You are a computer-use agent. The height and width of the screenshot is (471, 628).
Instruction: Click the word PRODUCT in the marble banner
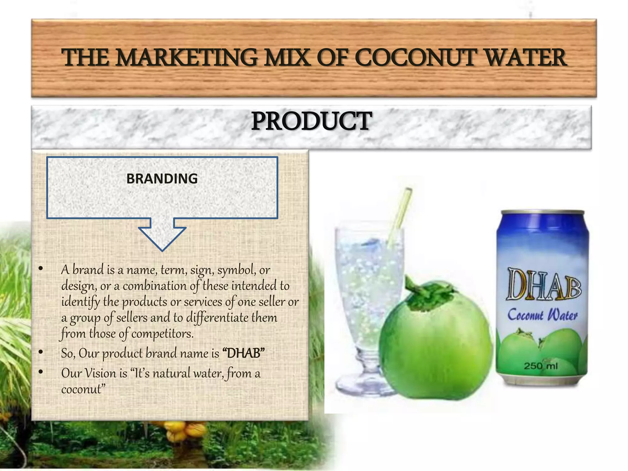(311, 121)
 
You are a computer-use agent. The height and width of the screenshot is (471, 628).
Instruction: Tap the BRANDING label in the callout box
(162, 179)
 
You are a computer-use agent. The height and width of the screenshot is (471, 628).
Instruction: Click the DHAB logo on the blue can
(543, 284)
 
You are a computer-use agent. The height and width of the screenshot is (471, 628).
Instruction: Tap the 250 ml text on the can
(541, 366)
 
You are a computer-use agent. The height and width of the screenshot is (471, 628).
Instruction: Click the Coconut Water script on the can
(542, 315)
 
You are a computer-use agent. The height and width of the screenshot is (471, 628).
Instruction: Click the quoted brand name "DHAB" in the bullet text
(244, 353)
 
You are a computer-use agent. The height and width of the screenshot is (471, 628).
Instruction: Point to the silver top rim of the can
(542, 212)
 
